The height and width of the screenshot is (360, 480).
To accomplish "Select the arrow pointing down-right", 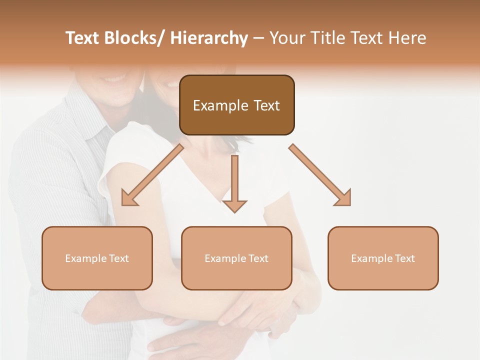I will (x=320, y=175).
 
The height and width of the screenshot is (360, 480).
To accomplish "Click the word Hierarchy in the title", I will (x=209, y=38).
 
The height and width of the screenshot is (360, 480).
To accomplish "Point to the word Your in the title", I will (x=286, y=38).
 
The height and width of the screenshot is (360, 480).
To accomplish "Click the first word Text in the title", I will (x=83, y=38).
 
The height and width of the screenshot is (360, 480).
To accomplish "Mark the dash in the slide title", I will (x=258, y=38).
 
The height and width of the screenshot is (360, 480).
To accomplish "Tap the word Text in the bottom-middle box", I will (x=257, y=258).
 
